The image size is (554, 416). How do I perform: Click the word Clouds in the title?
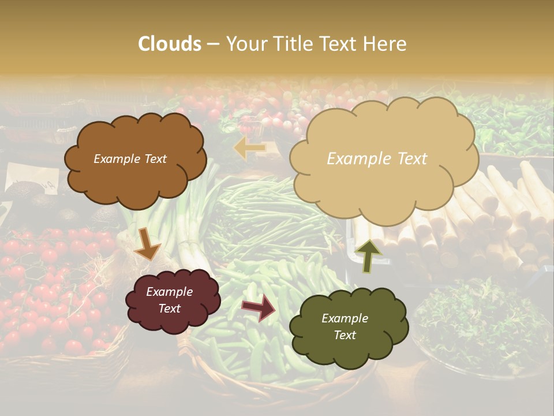170,44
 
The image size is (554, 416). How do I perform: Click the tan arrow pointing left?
249,147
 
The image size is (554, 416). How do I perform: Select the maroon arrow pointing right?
259,308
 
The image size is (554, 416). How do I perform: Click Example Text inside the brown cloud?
130,159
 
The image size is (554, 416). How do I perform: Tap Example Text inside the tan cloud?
377,159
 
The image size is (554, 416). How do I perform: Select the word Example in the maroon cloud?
169,292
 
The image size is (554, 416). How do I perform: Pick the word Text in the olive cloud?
345,335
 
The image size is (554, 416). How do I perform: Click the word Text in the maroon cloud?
169,309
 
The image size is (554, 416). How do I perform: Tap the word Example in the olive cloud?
345,318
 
